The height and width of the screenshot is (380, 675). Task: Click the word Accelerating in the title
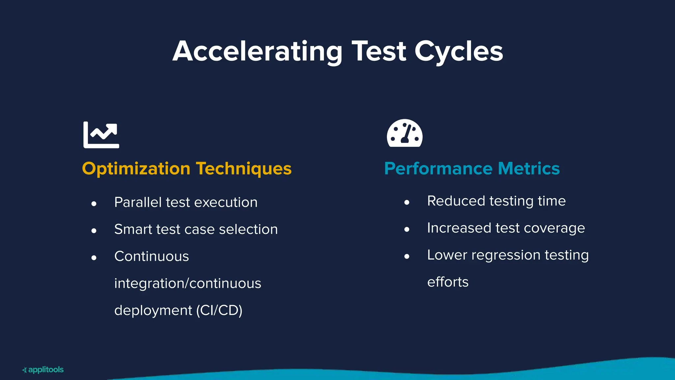257,51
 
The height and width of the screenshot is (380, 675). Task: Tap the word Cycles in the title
458,51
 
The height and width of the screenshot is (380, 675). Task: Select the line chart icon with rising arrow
101,135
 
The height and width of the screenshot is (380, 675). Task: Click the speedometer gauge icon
404,133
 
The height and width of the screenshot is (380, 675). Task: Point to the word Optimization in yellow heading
136,169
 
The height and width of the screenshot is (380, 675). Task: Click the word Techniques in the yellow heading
244,169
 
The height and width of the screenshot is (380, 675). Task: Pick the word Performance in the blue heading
438,169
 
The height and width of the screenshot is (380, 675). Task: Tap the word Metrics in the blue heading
529,169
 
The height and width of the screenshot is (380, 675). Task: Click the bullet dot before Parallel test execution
94,204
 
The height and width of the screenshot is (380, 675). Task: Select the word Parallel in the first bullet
138,202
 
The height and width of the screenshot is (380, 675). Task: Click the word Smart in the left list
133,229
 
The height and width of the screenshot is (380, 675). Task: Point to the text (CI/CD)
219,310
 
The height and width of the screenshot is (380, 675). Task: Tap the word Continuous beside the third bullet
152,256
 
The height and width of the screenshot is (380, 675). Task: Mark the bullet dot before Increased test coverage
407,229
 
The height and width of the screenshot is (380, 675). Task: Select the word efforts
448,282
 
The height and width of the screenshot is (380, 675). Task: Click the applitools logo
43,370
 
